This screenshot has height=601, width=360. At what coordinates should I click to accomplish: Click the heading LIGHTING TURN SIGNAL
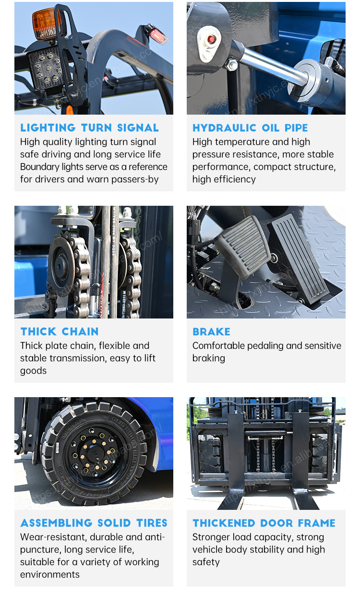click(x=89, y=128)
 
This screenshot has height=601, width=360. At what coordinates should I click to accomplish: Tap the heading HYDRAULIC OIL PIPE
click(x=250, y=128)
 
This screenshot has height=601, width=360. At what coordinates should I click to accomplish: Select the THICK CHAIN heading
click(x=60, y=331)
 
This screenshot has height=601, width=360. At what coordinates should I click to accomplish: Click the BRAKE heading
click(x=211, y=331)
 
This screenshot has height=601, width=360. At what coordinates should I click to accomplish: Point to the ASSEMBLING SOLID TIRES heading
click(x=94, y=523)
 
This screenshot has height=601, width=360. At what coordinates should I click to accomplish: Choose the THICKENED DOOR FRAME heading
click(x=264, y=523)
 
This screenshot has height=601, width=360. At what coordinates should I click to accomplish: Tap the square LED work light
click(x=46, y=67)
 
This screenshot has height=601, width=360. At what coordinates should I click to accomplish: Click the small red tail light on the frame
click(x=156, y=35)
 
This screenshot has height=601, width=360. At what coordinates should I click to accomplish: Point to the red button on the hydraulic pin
click(x=211, y=39)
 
